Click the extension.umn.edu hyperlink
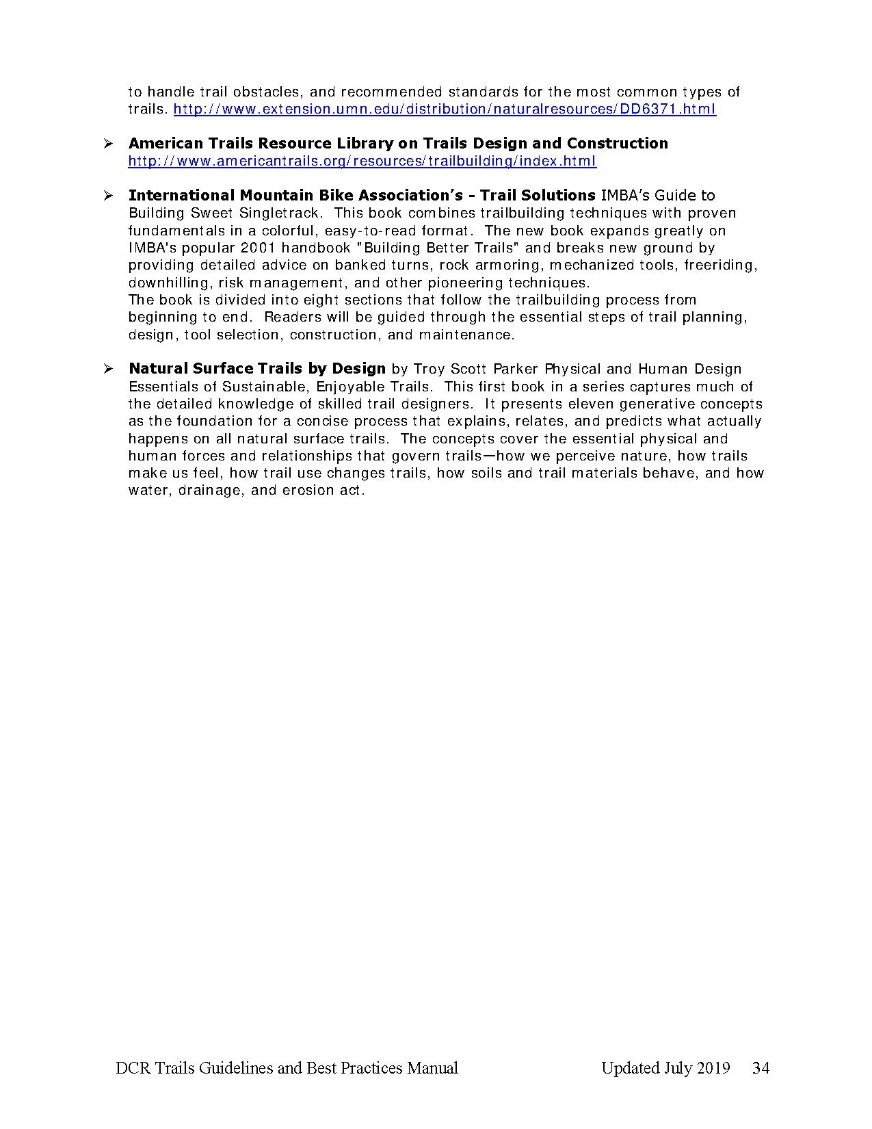pyautogui.click(x=445, y=109)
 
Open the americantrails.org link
pyautogui.click(x=362, y=161)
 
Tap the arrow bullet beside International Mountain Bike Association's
pyautogui.click(x=107, y=196)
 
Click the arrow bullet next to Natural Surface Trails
pyautogui.click(x=107, y=369)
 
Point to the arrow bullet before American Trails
pyautogui.click(x=107, y=144)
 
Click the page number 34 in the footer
pyautogui.click(x=761, y=1068)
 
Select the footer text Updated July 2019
pyautogui.click(x=665, y=1068)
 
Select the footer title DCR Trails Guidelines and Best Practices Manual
pyautogui.click(x=287, y=1068)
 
